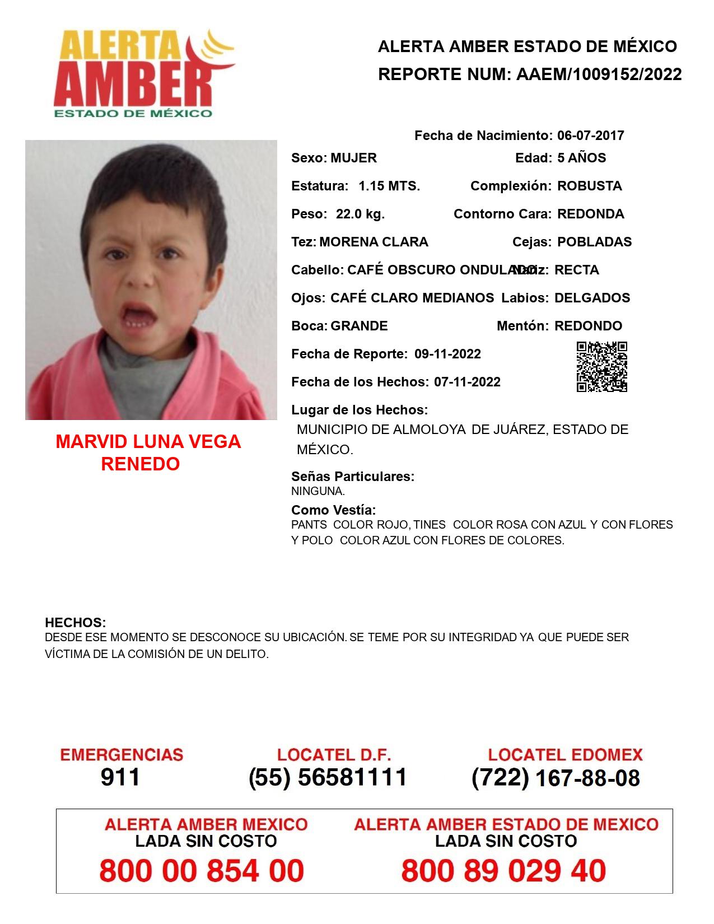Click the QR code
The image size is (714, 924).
click(x=601, y=367)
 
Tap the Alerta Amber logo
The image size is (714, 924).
click(x=143, y=73)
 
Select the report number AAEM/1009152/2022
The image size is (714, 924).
click(x=599, y=74)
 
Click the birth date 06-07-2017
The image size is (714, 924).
click(x=590, y=136)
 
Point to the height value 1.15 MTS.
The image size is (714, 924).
click(x=389, y=186)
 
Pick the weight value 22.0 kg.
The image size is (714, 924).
click(x=360, y=214)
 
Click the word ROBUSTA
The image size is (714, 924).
click(x=589, y=186)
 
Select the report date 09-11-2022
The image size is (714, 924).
click(x=447, y=354)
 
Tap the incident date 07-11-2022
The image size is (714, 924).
click(x=467, y=382)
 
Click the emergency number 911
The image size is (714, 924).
click(x=120, y=777)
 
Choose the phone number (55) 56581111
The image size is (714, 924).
click(x=328, y=777)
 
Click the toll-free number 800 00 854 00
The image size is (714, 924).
click(x=202, y=871)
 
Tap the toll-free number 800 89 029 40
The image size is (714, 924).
click(x=503, y=871)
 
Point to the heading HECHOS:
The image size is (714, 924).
click(x=75, y=623)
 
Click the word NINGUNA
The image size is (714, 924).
click(x=318, y=491)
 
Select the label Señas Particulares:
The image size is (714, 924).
click(x=353, y=477)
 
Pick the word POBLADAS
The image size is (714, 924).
click(x=594, y=242)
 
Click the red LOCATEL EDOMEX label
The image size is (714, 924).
click(x=565, y=755)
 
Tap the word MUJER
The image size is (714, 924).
click(x=353, y=158)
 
